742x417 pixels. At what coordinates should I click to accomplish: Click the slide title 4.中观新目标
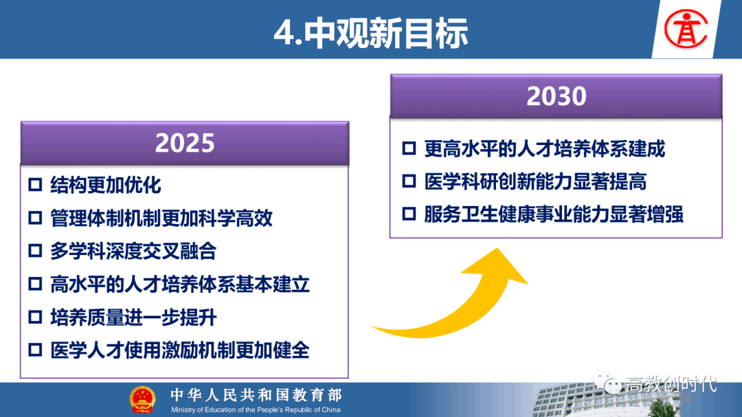click(x=371, y=33)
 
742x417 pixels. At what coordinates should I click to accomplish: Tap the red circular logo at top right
click(x=686, y=30)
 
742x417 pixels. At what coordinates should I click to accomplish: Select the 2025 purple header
click(x=185, y=143)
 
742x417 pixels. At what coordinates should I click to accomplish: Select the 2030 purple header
click(x=556, y=95)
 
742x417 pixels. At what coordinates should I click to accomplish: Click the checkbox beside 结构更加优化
click(x=36, y=185)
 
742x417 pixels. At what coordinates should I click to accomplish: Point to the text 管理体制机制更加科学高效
click(x=161, y=218)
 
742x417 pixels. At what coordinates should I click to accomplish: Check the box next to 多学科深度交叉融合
click(x=36, y=251)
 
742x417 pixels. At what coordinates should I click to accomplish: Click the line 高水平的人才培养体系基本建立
click(x=180, y=284)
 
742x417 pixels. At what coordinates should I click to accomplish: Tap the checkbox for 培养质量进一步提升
click(x=36, y=317)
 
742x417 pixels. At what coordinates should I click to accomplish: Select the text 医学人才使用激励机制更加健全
click(x=180, y=351)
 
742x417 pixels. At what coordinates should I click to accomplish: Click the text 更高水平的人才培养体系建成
click(x=544, y=148)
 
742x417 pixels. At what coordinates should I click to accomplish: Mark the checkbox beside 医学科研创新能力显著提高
click(x=409, y=181)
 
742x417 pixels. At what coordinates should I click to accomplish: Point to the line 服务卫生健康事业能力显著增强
click(x=554, y=214)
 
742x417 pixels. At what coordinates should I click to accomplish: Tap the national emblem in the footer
click(x=142, y=400)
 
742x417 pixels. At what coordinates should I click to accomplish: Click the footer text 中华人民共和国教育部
click(x=256, y=395)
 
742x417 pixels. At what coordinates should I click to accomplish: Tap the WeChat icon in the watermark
click(x=607, y=383)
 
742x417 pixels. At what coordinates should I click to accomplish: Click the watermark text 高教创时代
click(x=671, y=384)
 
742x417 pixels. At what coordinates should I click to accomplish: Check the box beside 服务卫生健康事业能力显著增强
click(x=409, y=214)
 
